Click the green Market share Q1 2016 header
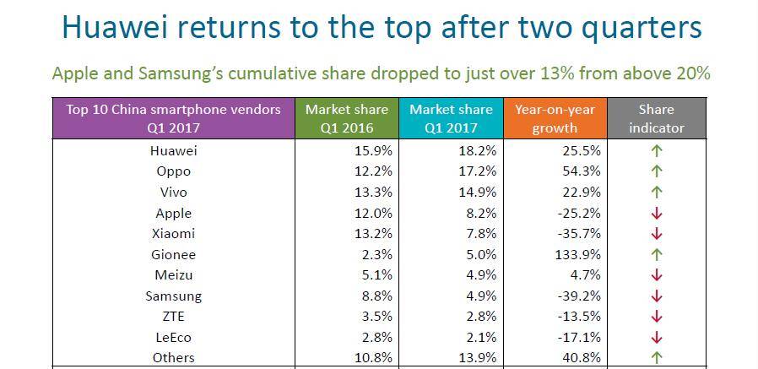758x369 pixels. coord(346,118)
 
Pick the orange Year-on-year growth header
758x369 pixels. coord(555,118)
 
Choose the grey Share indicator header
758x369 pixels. coord(656,118)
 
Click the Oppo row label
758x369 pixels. coord(174,171)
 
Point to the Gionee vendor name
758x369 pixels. coord(174,254)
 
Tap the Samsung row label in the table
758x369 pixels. coord(174,296)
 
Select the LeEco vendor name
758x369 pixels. coord(174,337)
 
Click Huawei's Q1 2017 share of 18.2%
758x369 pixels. coord(477,151)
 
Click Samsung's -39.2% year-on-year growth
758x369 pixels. coord(578,296)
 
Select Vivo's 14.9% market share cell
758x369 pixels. coord(477,193)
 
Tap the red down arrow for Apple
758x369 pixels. coord(657,214)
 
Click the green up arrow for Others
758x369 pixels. coord(657,358)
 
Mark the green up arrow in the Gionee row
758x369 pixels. coord(657,254)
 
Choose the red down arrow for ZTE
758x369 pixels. coord(657,317)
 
